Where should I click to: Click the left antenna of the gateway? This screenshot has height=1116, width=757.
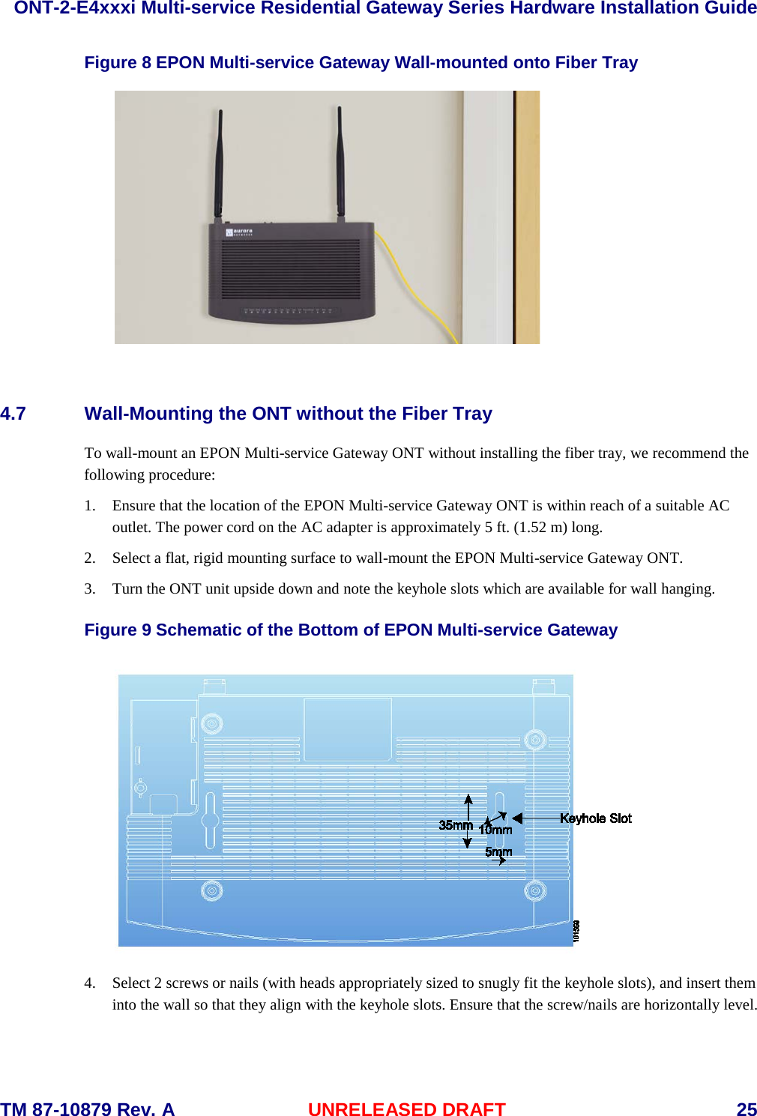tap(219, 165)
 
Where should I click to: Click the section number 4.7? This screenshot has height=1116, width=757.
tap(13, 414)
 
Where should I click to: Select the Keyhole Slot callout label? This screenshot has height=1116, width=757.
tap(595, 818)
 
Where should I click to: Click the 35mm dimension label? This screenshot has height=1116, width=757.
tap(455, 825)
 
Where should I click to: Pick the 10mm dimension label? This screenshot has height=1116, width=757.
tap(495, 830)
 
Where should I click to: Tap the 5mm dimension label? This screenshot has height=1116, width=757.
tap(498, 852)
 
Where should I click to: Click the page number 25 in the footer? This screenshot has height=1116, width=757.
tap(746, 1109)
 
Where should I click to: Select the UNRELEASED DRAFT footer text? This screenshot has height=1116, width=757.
tap(406, 1109)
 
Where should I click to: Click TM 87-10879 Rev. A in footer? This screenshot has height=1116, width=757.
tap(88, 1109)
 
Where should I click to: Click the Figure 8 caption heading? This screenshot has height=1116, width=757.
tap(361, 63)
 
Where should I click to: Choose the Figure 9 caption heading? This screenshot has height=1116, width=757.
tap(351, 630)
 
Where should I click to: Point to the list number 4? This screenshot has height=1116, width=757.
tap(90, 983)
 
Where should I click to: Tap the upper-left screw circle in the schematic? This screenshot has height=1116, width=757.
tap(212, 724)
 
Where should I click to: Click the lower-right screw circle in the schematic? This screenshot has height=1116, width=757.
tap(535, 891)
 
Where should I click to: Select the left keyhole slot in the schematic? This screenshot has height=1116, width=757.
tap(210, 820)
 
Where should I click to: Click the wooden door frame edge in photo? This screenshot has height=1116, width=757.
tap(527, 217)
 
